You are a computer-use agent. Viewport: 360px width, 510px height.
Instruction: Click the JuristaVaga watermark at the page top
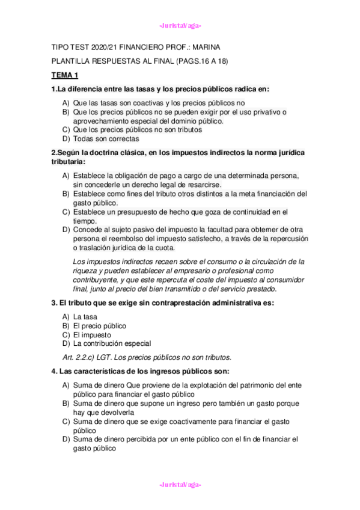click(x=180, y=25)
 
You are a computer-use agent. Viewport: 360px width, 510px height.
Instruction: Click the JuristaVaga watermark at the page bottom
click(x=180, y=485)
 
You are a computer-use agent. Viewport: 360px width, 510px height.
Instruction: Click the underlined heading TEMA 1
click(x=65, y=75)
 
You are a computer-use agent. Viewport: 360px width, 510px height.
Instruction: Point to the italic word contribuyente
click(x=99, y=280)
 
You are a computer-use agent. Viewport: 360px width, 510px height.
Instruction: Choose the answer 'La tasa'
click(x=85, y=316)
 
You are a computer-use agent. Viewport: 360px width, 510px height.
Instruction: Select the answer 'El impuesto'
click(x=92, y=334)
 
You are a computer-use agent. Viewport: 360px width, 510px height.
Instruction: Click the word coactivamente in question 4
click(x=185, y=421)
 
